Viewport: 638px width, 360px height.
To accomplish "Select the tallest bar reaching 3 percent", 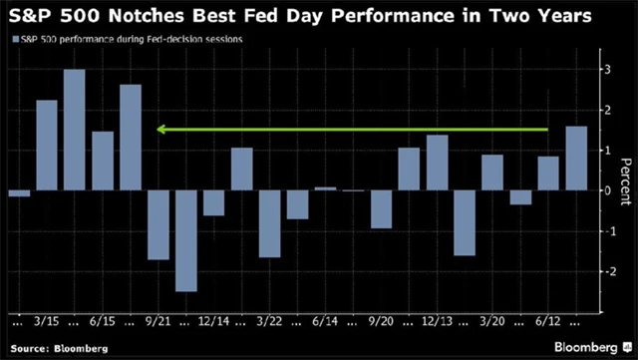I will (75, 130).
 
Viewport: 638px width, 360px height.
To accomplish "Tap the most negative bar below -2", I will (185, 240).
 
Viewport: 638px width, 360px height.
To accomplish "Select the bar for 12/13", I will (437, 162).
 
